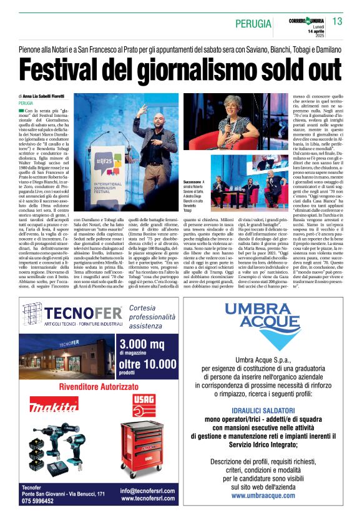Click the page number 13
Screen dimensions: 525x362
(338, 22)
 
